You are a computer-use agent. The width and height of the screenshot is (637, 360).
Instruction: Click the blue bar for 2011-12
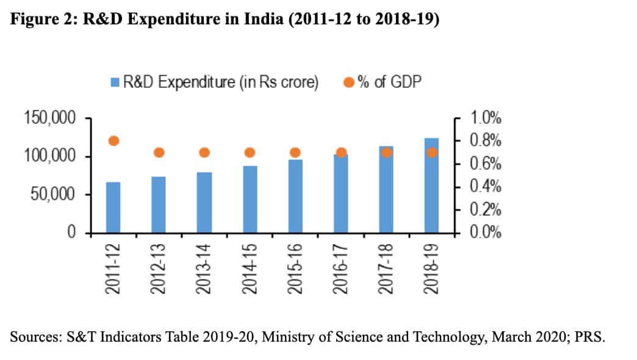pyautogui.click(x=113, y=207)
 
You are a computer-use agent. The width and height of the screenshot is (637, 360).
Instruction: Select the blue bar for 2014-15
pyautogui.click(x=250, y=200)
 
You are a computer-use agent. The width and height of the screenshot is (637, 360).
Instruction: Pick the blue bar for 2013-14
pyautogui.click(x=204, y=203)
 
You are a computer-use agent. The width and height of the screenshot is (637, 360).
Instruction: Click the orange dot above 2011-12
pyautogui.click(x=113, y=141)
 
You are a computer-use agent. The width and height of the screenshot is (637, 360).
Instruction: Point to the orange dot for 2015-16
pyautogui.click(x=295, y=153)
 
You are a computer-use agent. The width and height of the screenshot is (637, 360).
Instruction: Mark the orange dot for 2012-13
pyautogui.click(x=159, y=153)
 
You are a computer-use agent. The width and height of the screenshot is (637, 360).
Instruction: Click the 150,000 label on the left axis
pyautogui.click(x=50, y=118)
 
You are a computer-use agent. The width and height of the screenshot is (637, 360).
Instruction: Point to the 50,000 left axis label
pyautogui.click(x=54, y=195)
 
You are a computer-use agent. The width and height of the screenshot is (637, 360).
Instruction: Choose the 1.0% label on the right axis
pyautogui.click(x=485, y=118)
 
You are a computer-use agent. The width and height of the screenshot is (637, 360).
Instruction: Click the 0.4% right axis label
pyautogui.click(x=485, y=187)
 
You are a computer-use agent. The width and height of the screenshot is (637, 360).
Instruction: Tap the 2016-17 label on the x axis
pyautogui.click(x=340, y=268)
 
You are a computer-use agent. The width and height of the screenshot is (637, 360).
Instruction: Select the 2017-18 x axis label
pyautogui.click(x=386, y=268)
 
